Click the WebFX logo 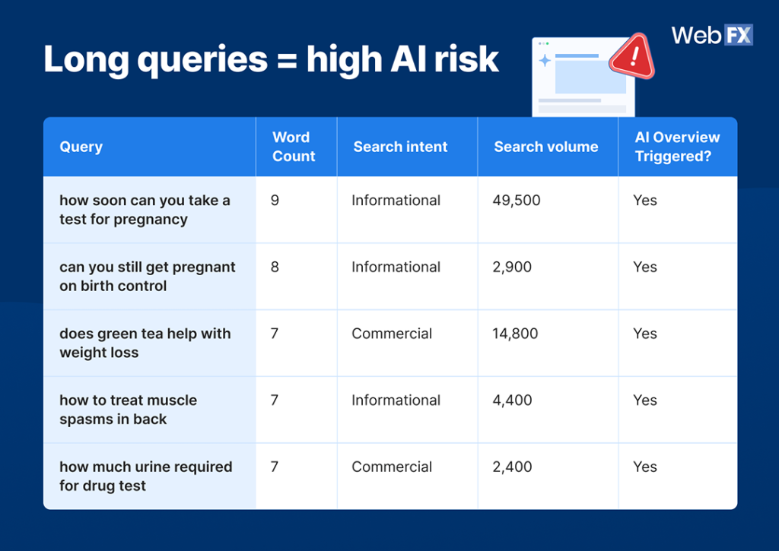pos(711,36)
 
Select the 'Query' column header pos(81,147)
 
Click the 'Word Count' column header pos(293,147)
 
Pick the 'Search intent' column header pos(400,147)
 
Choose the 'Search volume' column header pos(545,147)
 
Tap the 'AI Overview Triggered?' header pos(677,147)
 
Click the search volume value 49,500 pos(516,201)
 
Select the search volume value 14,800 pos(515,334)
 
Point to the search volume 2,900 pos(512,268)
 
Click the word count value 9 pos(275,201)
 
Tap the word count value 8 pos(275,268)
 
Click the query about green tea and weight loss pos(145,343)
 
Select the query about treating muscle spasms pos(128,410)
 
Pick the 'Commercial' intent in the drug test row pos(391,467)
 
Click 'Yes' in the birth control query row pos(644,268)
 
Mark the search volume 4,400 pos(512,401)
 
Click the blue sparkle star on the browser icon pos(545,61)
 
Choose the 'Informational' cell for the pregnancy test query pos(396,201)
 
